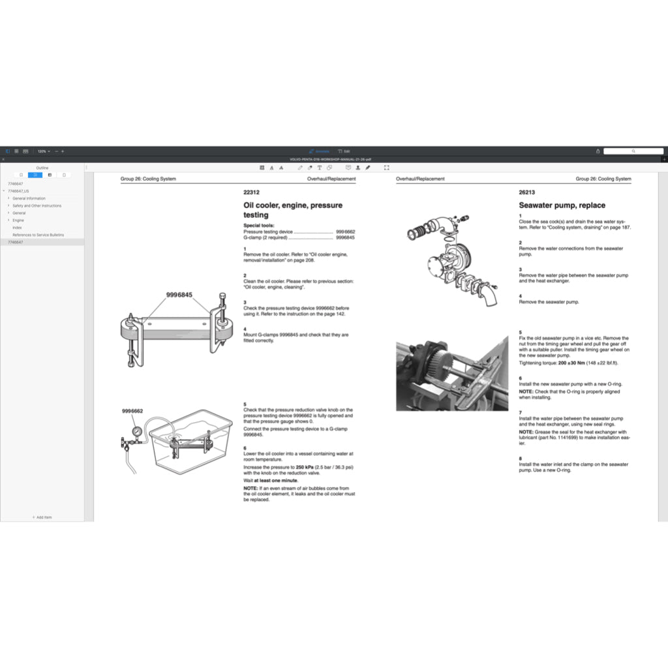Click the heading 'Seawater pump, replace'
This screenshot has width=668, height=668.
pos(562,205)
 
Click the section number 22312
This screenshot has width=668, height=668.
pos(251,192)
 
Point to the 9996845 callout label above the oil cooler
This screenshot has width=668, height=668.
pos(179,295)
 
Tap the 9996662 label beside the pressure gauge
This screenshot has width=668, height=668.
pos(132,412)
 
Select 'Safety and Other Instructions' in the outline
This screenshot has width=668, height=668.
pos(37,205)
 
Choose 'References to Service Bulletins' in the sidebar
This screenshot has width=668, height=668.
pos(38,235)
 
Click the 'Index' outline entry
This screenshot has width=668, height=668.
pos(17,228)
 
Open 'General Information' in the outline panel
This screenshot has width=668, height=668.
pos(29,198)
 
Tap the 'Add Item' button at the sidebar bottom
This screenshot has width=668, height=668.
pos(42,517)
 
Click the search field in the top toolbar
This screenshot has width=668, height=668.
pos(633,151)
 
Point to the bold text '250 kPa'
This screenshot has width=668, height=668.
pos(305,467)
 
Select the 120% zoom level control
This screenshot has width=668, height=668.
pos(43,151)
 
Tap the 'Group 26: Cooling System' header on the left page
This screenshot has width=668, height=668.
pos(148,179)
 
